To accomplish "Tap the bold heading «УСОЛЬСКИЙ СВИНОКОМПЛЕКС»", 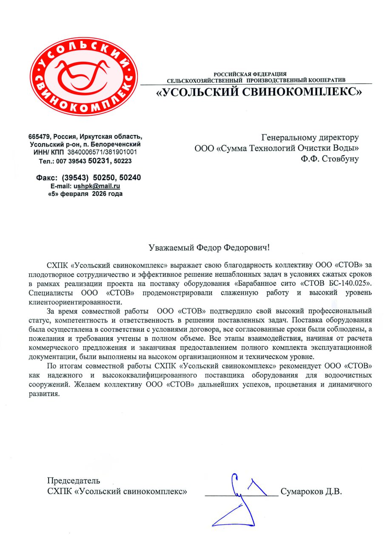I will [259, 92].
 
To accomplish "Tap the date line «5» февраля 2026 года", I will [85, 194].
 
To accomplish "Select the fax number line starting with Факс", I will [88, 178].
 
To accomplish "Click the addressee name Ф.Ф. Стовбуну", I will [330, 159].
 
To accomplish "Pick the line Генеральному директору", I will [310, 138].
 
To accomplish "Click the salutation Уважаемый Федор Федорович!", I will [209, 247].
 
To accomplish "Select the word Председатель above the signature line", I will [74, 481].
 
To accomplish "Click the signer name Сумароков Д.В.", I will [311, 492].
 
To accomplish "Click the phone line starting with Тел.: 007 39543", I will [85, 161].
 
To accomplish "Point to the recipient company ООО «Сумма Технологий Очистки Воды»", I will [277, 148].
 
